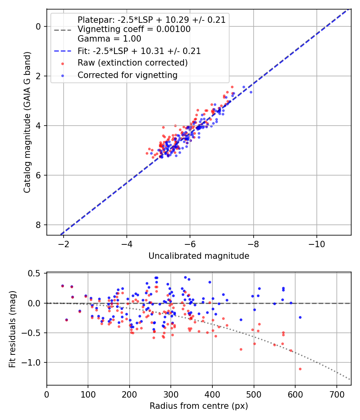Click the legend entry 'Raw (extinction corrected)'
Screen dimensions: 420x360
click(x=132, y=63)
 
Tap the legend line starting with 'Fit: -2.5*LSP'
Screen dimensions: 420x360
click(x=139, y=51)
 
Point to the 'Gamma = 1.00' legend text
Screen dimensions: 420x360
click(x=109, y=39)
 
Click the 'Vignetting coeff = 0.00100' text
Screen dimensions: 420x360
click(x=134, y=29)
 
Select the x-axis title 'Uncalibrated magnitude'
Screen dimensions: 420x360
click(x=199, y=256)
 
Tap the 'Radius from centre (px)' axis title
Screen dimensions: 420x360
click(x=199, y=406)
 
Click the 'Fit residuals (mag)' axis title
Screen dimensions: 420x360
click(x=12, y=329)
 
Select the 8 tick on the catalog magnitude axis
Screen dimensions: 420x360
click(x=38, y=225)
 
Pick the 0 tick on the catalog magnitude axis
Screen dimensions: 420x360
click(x=38, y=26)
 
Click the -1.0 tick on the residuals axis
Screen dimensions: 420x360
click(x=33, y=362)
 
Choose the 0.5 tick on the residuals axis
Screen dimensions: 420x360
click(x=35, y=274)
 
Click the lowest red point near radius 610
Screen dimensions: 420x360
click(x=300, y=369)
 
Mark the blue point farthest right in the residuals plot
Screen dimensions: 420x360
click(x=300, y=317)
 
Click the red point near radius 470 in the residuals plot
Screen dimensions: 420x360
click(x=241, y=349)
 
